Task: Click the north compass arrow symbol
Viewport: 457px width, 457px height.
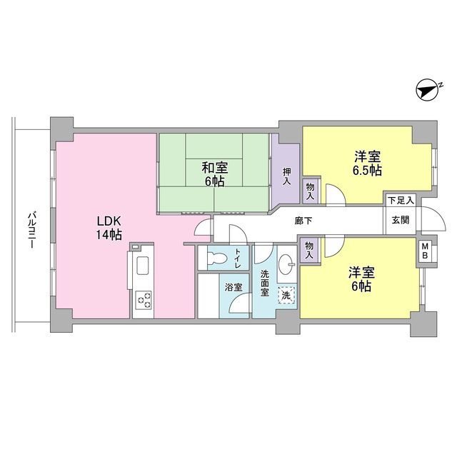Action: tap(428, 90)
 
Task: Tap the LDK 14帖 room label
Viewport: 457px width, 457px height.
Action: tap(109, 228)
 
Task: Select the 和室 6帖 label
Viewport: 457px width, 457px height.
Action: tap(215, 174)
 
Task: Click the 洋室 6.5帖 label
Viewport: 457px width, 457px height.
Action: tap(367, 164)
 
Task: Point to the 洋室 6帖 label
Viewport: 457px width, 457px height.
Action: tap(361, 279)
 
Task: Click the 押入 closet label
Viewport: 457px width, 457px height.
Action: tap(287, 176)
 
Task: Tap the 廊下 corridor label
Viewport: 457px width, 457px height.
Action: tap(303, 221)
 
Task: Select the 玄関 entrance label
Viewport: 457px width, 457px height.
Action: tap(401, 220)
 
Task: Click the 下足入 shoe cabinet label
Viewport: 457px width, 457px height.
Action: tap(401, 200)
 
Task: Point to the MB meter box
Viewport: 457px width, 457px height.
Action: tap(425, 251)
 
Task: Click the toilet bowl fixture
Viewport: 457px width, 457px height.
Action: tap(217, 257)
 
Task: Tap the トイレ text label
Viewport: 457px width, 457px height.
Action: tap(238, 258)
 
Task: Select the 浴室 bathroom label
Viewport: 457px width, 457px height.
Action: tap(233, 287)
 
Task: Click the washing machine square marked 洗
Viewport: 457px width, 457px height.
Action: tap(286, 295)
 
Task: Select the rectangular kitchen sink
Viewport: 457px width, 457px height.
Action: tap(142, 265)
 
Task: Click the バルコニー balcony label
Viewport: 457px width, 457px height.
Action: tap(31, 231)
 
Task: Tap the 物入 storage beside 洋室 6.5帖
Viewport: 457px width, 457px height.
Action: tap(310, 191)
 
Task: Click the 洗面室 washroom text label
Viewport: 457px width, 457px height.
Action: tap(265, 283)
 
